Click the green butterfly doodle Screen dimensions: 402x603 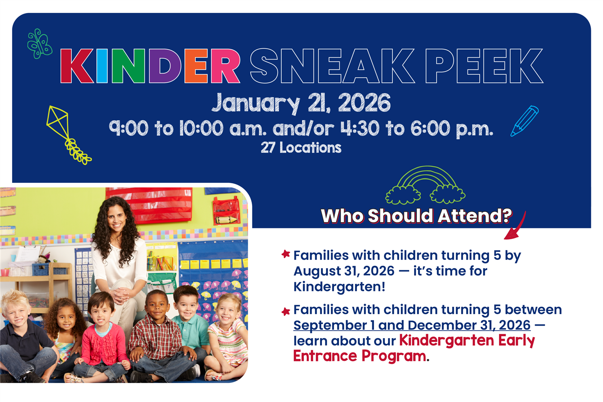tap(39, 44)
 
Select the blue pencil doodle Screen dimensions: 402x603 tap(524, 121)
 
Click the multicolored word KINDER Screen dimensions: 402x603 tap(150, 66)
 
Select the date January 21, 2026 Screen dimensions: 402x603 tap(301, 103)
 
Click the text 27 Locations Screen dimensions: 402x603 tap(301, 148)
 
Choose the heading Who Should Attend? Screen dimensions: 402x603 tap(416, 216)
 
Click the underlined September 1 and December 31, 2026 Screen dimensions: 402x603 tap(412, 325)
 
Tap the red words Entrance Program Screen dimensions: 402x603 tap(359, 356)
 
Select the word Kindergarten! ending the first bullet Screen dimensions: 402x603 tap(339, 287)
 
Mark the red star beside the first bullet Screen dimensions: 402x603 tap(286, 254)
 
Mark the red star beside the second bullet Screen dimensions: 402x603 tap(286, 312)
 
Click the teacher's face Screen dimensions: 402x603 tap(117, 219)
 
